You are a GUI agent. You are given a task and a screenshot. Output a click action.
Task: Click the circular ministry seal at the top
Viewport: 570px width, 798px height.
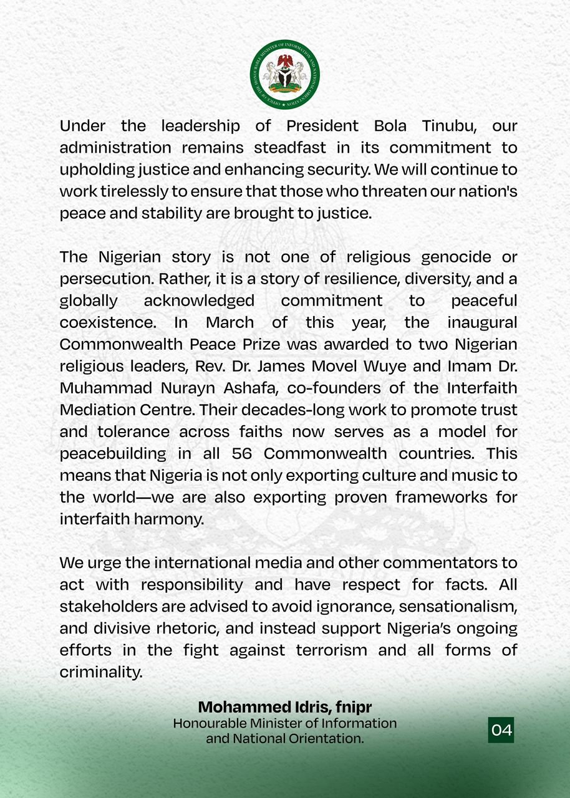(x=285, y=74)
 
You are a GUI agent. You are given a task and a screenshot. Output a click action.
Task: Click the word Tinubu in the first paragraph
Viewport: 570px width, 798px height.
(x=449, y=125)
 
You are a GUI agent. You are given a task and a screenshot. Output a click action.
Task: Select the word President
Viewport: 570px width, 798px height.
(x=322, y=125)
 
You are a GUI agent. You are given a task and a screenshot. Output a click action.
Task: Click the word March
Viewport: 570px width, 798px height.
(x=230, y=322)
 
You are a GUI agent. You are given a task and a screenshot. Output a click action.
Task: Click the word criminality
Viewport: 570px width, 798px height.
(x=101, y=672)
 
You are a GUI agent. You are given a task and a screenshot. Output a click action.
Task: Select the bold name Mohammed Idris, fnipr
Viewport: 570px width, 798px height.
(x=285, y=707)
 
